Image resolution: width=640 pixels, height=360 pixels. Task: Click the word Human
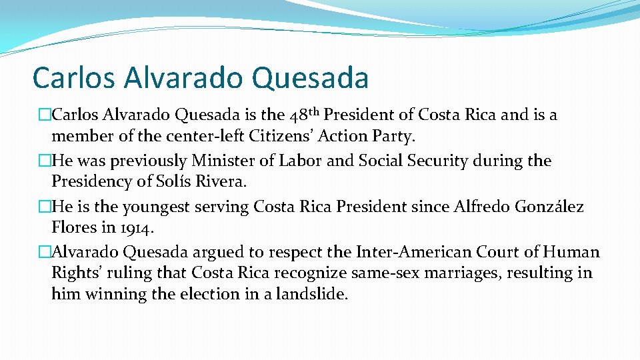(x=572, y=252)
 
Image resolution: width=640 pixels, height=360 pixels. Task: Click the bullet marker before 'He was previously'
(x=45, y=161)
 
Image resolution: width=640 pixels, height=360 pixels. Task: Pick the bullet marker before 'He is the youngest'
(x=45, y=207)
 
